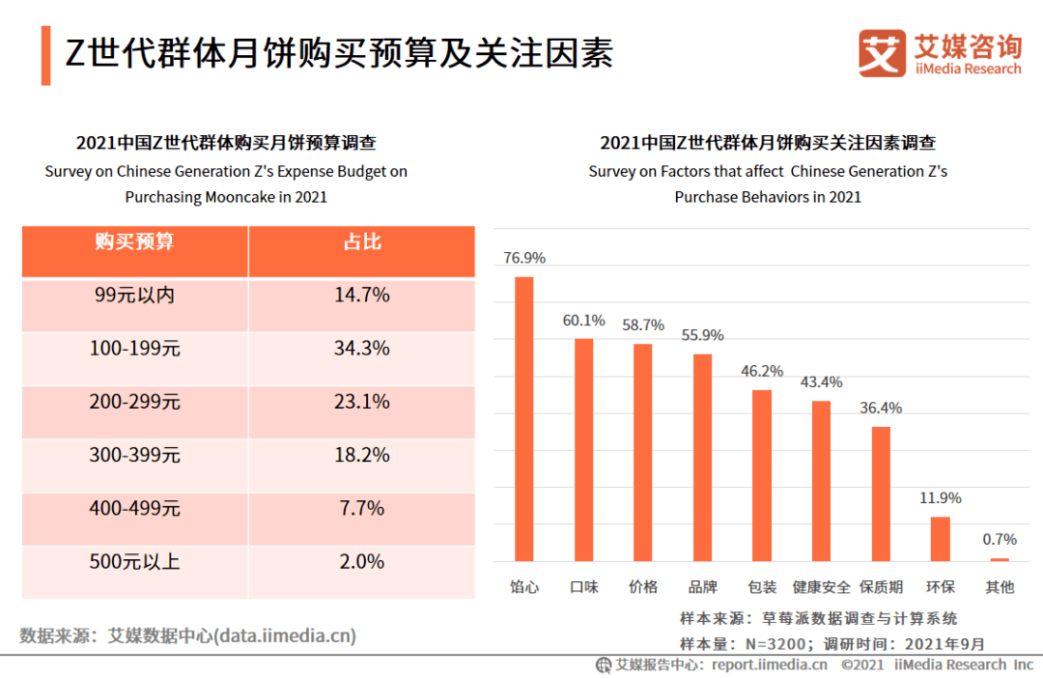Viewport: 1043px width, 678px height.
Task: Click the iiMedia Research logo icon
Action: tap(882, 53)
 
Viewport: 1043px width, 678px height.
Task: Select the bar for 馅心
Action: tap(524, 419)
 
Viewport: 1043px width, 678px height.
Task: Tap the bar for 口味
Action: tap(584, 450)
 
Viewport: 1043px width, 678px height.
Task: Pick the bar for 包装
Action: tap(762, 476)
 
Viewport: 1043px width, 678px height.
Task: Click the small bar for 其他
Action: tap(1000, 559)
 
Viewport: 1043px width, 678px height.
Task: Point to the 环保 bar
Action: tap(941, 539)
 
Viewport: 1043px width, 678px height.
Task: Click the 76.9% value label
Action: tap(524, 258)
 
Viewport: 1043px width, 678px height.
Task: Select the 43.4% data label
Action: tap(822, 382)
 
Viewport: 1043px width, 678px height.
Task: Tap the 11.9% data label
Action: tap(941, 498)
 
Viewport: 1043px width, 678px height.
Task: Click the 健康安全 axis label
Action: tap(822, 587)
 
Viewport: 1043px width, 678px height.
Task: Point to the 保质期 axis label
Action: tap(882, 587)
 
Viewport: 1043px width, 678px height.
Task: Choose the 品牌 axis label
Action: tap(703, 587)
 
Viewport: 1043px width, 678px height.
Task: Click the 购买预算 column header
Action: tap(134, 241)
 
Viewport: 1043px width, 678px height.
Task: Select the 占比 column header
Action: tap(362, 241)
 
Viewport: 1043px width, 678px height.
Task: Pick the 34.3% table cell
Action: tap(362, 348)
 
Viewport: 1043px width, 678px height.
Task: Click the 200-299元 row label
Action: tap(135, 402)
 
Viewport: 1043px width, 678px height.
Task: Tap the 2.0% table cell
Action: tap(362, 561)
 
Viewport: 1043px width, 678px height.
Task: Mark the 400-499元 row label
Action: tap(135, 508)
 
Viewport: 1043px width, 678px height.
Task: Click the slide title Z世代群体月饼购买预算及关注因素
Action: tap(339, 53)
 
